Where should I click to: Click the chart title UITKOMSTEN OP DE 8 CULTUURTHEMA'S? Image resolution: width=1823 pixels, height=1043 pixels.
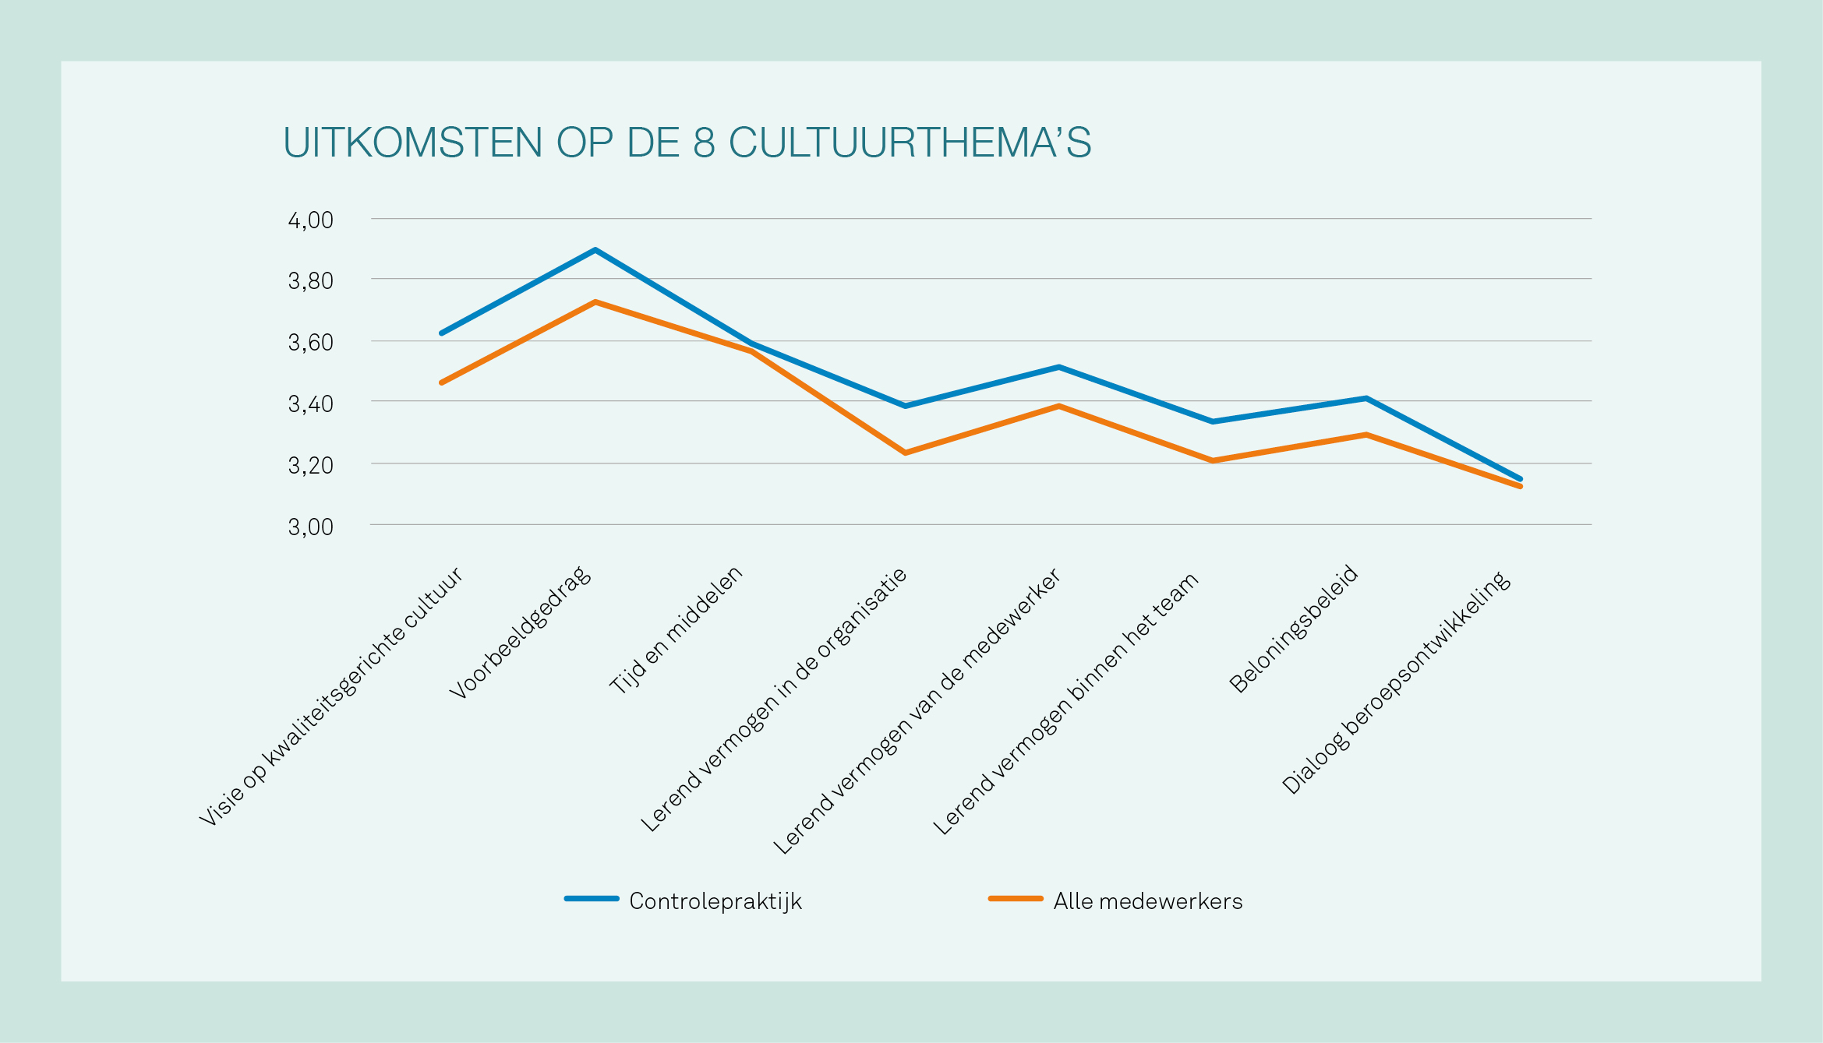[687, 143]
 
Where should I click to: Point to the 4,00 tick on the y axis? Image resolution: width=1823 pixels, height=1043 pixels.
[310, 220]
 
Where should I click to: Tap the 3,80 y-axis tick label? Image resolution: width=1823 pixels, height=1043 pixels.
[310, 281]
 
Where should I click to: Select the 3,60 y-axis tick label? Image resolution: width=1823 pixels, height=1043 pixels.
[310, 343]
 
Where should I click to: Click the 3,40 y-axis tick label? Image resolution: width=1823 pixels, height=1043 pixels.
[310, 404]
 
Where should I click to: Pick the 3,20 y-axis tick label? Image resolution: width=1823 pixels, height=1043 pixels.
[310, 466]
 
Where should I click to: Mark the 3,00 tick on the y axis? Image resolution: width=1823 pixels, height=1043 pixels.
[310, 527]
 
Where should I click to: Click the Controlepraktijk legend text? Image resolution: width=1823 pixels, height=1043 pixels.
[715, 901]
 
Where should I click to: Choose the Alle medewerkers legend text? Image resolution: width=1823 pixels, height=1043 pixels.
[1147, 901]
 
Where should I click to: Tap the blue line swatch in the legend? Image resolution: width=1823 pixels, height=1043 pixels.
[592, 899]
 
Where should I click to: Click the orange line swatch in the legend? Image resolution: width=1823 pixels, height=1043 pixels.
[1016, 899]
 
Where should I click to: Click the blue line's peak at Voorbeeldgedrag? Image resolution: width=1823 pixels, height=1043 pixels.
[595, 250]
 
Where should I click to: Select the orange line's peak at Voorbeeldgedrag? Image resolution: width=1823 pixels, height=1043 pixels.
[595, 302]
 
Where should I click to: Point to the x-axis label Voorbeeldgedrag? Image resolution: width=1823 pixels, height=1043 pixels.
[521, 633]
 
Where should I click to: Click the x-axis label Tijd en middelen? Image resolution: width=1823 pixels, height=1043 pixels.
[676, 630]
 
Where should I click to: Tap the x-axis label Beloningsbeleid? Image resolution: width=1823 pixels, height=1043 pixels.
[1294, 629]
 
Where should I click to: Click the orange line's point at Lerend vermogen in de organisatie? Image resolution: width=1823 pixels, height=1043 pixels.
[905, 453]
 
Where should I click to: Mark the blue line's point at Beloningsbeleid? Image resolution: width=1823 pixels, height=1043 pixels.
[1365, 398]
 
